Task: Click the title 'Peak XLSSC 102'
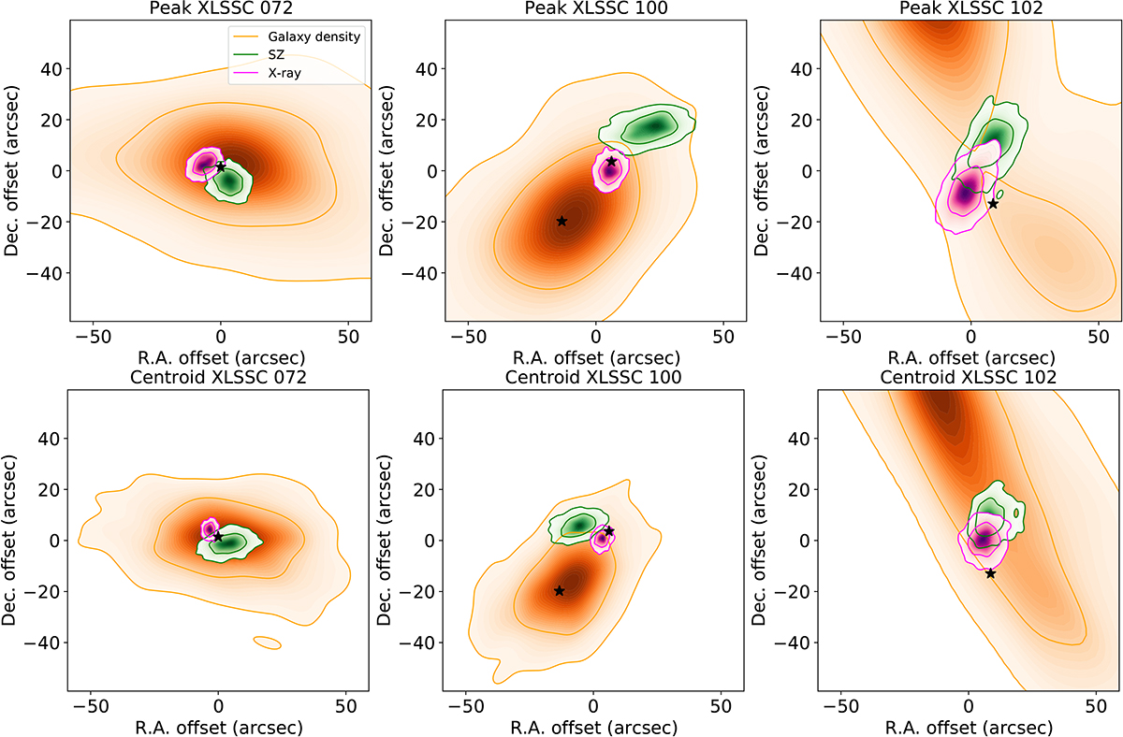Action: (970, 8)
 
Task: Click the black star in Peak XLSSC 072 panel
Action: (221, 166)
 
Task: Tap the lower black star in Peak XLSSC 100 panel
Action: (561, 221)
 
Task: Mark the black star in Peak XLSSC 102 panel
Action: (993, 203)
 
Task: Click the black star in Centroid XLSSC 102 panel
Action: (990, 573)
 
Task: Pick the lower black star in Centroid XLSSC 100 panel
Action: (559, 590)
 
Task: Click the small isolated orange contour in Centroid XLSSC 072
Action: (267, 642)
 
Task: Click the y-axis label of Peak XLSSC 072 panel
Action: (16, 171)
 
